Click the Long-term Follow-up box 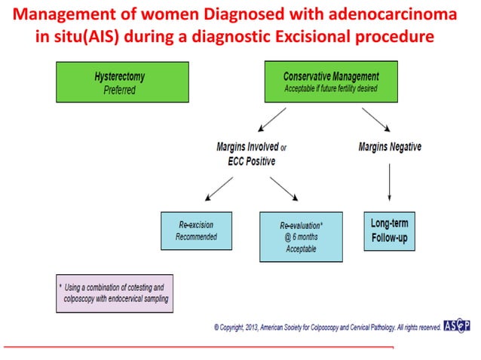(x=389, y=230)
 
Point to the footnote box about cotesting (x=115, y=293)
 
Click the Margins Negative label (x=390, y=147)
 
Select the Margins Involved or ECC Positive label (x=247, y=154)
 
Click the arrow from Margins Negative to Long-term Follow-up (x=389, y=182)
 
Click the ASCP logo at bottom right (x=455, y=327)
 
